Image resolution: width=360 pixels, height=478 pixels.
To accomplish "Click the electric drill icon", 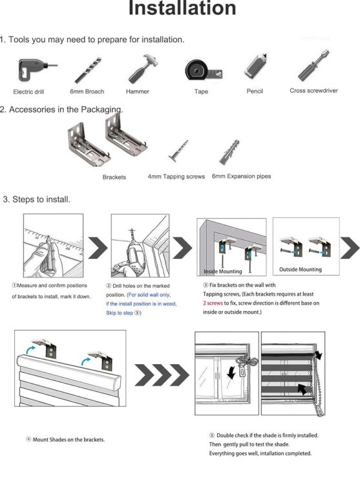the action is click(37, 70).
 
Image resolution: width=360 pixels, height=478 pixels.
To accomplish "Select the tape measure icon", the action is click(204, 70).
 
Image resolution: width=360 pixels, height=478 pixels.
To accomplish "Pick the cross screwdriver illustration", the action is click(313, 65).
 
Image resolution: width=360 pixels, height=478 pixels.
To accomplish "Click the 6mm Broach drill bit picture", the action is click(88, 70).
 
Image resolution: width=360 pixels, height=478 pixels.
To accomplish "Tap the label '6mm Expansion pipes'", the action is click(241, 176).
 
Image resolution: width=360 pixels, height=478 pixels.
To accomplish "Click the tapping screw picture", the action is click(178, 151).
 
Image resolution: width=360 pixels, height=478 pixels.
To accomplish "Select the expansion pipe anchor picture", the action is click(229, 152).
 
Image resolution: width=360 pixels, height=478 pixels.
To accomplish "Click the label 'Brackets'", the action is click(114, 177).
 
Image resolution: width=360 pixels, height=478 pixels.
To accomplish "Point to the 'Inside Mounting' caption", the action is click(222, 271).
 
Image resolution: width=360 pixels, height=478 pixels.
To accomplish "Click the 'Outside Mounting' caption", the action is click(301, 270).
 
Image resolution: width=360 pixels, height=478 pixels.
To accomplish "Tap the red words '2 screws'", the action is click(213, 303).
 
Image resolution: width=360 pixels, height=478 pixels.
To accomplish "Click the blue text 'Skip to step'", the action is click(120, 313).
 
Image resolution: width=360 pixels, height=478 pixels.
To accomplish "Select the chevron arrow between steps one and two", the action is click(98, 247).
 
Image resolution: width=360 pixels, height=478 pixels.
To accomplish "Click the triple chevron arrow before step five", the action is click(162, 375).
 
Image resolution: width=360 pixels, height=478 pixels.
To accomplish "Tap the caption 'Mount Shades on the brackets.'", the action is click(69, 440).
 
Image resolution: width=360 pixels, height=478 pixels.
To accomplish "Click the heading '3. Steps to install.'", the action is click(37, 199).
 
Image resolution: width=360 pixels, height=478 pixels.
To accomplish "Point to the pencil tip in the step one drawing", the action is click(48, 237).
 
